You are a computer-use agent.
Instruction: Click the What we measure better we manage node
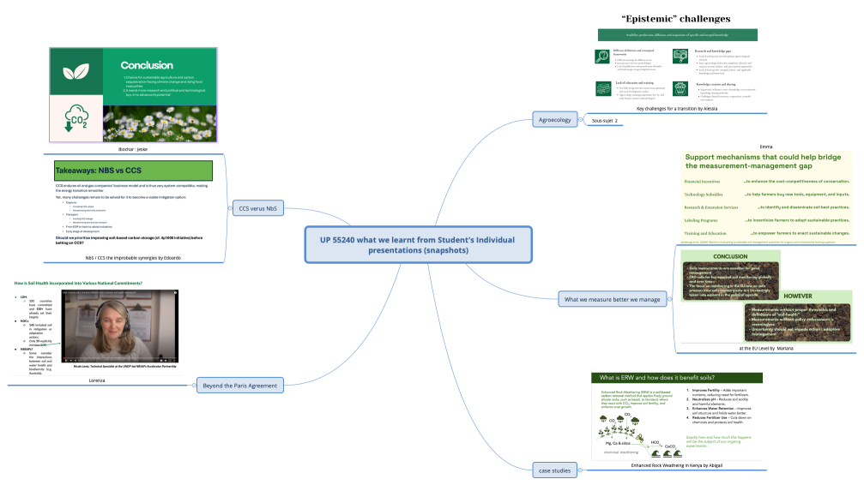click(612, 299)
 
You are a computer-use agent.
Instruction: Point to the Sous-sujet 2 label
click(605, 121)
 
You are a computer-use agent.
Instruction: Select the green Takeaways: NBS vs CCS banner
click(133, 170)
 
